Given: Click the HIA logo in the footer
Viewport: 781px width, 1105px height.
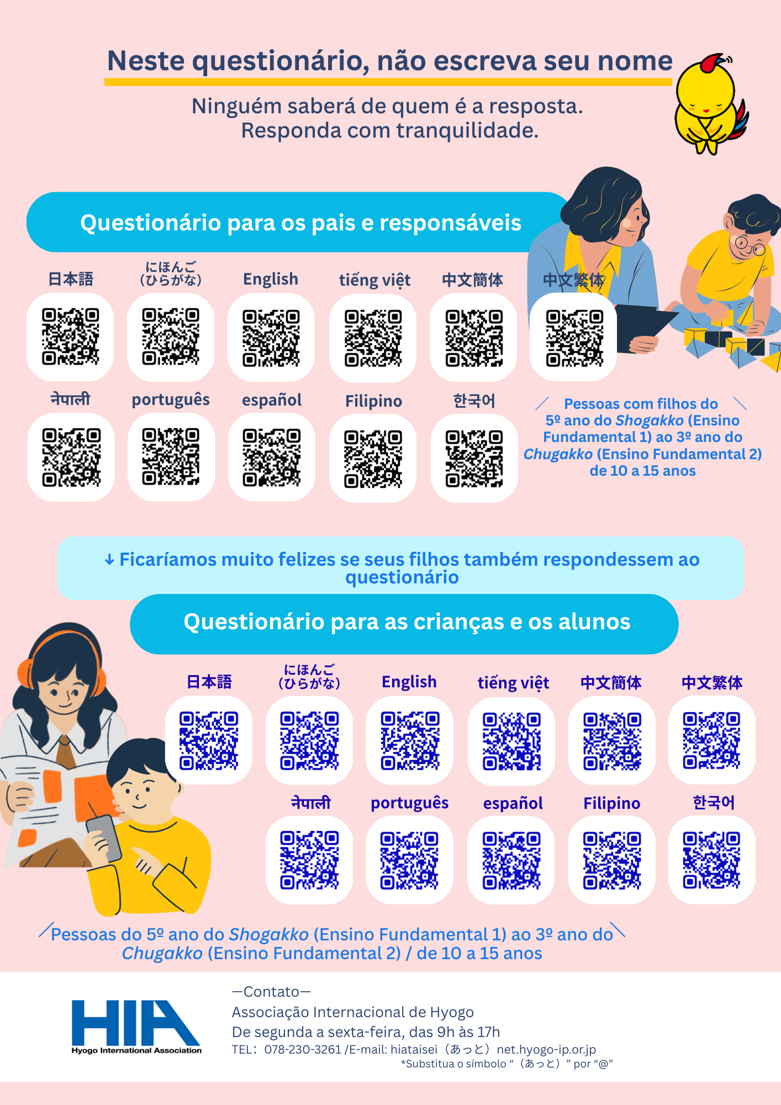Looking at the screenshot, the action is pos(136,1027).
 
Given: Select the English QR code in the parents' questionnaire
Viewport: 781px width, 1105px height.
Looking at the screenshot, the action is pos(271,338).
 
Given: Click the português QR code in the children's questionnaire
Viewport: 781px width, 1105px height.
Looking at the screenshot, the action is pos(409,860).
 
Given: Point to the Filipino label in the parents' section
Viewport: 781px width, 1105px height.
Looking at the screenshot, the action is pos(374,401).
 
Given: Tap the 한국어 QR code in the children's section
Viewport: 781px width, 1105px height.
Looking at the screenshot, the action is pos(711,860).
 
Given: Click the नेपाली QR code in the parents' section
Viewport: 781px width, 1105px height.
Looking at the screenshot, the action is pos(71,457).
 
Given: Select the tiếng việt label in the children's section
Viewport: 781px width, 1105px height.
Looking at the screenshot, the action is pos(513,683).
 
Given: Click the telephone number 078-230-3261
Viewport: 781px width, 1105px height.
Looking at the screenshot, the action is pos(303,1049).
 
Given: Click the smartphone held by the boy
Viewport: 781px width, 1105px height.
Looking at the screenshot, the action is pos(104,838).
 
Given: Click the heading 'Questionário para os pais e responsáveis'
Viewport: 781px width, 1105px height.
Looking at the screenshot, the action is pos(301,223).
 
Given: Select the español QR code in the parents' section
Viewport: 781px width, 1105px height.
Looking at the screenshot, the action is pos(272,457).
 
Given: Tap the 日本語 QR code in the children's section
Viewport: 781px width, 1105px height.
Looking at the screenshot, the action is pos(209,740).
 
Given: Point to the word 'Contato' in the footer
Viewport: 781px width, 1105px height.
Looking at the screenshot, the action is pos(271,992).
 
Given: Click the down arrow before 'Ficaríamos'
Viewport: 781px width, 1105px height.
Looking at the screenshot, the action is pos(109,560).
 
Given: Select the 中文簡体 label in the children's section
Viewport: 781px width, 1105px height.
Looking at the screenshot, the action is pos(611,683).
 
